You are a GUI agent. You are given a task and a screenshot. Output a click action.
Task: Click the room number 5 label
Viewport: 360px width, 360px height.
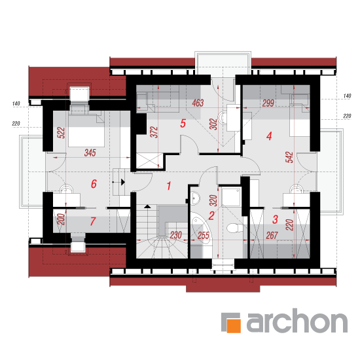tap(183, 124)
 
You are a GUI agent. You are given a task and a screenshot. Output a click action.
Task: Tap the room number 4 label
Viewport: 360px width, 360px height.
tap(269, 136)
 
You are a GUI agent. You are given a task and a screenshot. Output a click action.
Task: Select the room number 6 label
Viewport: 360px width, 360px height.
tap(94, 184)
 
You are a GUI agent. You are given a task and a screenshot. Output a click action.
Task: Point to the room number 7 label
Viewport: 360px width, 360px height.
tap(93, 221)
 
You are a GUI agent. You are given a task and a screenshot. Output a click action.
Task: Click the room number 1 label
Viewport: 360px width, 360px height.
tap(169, 186)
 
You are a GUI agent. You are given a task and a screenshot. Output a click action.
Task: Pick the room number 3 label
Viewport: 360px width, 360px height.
tap(275, 219)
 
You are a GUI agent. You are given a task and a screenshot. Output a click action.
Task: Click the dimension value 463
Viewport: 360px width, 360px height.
tap(198, 103)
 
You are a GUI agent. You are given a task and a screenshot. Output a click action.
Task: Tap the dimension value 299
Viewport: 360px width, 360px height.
tap(268, 103)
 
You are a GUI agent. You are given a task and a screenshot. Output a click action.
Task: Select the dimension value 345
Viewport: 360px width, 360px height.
tap(90, 153)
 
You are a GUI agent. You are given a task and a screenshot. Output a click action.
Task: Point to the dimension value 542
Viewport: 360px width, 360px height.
tap(290, 157)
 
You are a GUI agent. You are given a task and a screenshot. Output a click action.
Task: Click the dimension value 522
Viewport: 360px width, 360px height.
tap(62, 133)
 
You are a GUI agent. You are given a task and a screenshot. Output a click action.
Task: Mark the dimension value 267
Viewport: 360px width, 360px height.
tap(272, 236)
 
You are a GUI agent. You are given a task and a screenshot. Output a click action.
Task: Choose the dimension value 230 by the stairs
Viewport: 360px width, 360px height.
tap(176, 235)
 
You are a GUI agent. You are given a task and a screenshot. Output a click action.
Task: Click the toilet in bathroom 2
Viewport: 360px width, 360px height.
tap(234, 228)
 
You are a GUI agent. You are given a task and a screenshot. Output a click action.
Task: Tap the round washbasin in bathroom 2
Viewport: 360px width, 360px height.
tap(195, 198)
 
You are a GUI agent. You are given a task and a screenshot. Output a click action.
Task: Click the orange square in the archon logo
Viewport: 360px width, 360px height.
tap(234, 326)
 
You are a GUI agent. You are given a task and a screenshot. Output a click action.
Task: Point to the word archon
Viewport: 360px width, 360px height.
tap(297, 321)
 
